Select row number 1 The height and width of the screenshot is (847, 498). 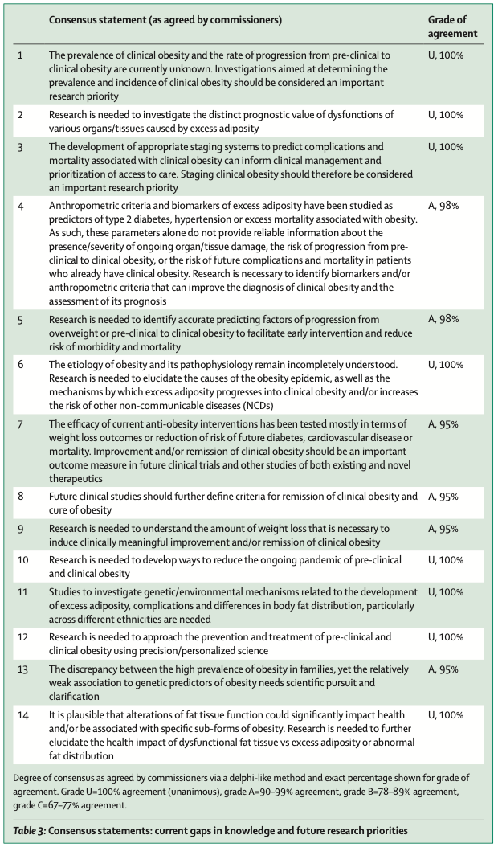click(x=21, y=55)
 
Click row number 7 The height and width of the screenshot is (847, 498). click(x=21, y=423)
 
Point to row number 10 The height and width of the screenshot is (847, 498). click(x=23, y=559)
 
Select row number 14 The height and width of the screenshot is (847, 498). click(x=23, y=714)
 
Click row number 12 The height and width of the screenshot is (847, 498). click(x=23, y=637)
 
